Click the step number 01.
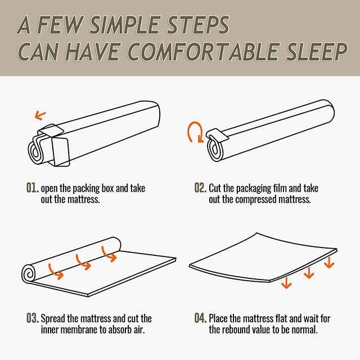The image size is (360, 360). coord(33,187)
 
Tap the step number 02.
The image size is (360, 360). coord(200,187)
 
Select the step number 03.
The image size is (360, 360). coord(33,318)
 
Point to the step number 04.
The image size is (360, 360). coord(200,318)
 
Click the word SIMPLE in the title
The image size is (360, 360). coord(125,25)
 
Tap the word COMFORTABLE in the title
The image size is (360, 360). coord(203,52)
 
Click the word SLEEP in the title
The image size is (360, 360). coord(317,52)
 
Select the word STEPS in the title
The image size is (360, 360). coord(197,25)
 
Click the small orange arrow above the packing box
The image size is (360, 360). coord(40,115)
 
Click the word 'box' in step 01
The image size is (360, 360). coord(107,188)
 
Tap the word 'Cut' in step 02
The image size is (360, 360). coord(215,188)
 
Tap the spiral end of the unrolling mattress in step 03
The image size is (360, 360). coord(29,273)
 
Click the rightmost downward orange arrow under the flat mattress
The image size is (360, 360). coord(329,263)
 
